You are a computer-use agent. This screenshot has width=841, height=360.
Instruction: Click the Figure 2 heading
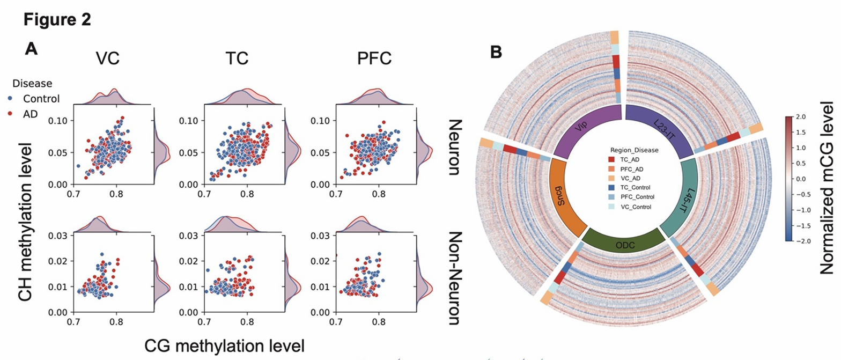(57, 20)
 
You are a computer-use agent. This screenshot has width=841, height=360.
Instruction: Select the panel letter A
(32, 49)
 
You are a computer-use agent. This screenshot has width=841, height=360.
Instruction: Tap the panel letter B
(497, 52)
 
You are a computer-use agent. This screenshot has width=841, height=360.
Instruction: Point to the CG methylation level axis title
(221, 346)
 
